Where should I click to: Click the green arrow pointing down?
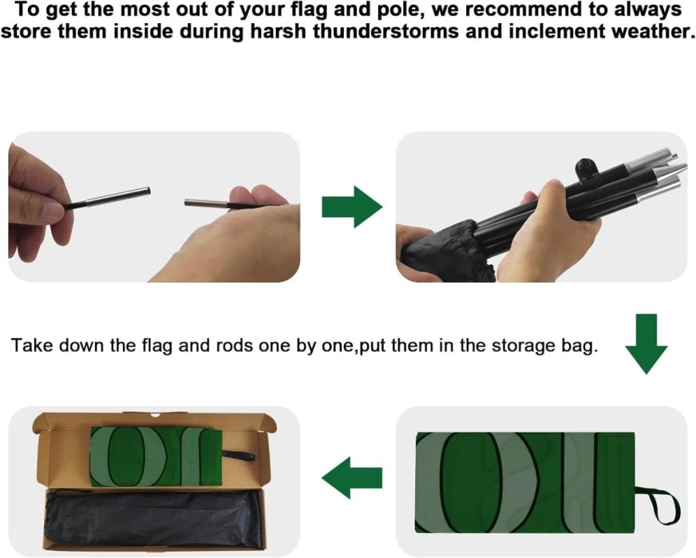646,344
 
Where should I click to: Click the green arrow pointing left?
351,478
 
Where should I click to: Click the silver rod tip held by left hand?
118,196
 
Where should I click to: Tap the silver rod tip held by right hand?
206,203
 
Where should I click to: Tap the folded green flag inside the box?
156,456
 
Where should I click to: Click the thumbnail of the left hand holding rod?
154,207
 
